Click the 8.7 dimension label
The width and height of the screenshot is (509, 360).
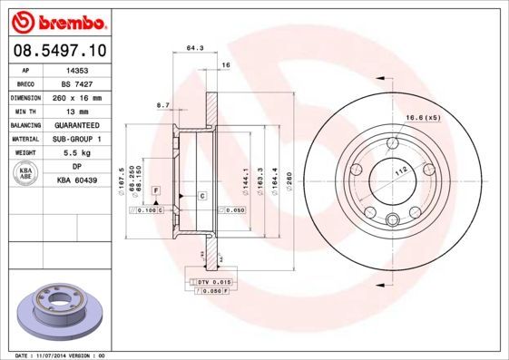click(x=164, y=105)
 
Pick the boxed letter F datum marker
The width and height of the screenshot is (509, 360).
click(x=156, y=190)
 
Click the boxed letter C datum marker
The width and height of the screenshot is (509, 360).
click(x=201, y=196)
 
